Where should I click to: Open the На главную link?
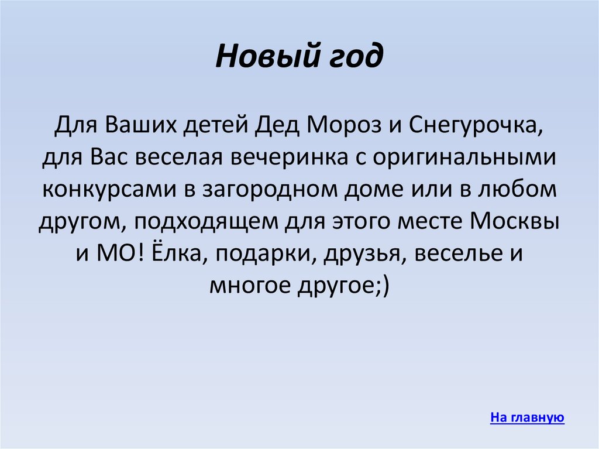527,417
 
